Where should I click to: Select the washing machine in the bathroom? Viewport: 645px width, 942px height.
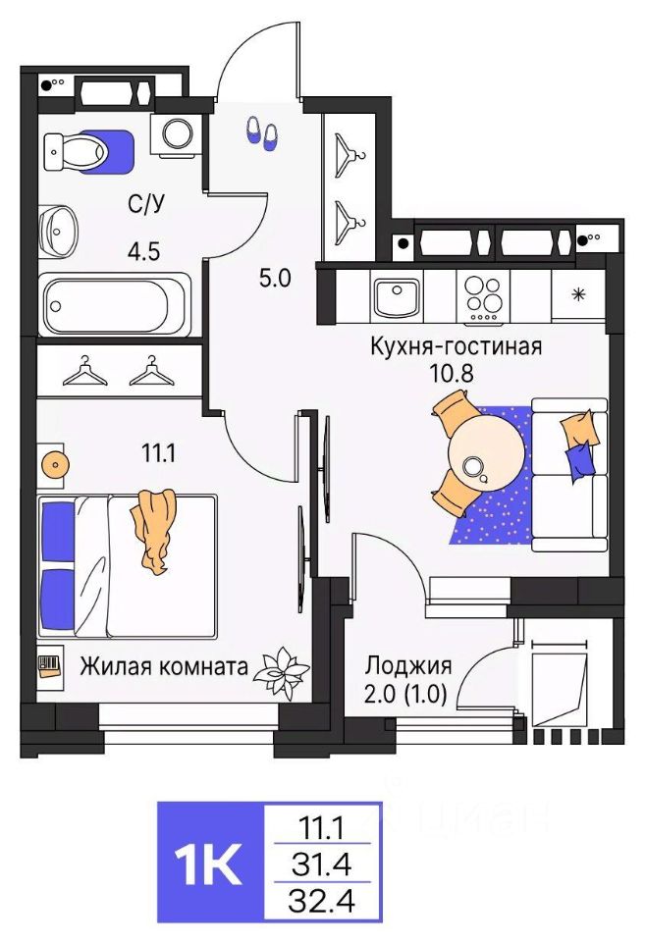(178, 133)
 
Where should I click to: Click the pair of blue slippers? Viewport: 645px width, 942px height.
(260, 133)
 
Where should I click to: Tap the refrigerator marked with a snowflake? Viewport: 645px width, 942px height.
(579, 295)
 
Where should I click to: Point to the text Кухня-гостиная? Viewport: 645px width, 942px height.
(457, 346)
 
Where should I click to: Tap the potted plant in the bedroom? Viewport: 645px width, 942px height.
(282, 669)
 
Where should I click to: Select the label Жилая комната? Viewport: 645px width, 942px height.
(163, 667)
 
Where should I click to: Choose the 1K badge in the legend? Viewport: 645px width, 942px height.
(209, 863)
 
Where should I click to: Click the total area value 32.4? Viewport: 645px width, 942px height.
(324, 898)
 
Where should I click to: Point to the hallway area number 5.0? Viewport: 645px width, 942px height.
(275, 279)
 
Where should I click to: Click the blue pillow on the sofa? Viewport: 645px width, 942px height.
(579, 457)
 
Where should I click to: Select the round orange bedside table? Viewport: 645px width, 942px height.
(53, 462)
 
